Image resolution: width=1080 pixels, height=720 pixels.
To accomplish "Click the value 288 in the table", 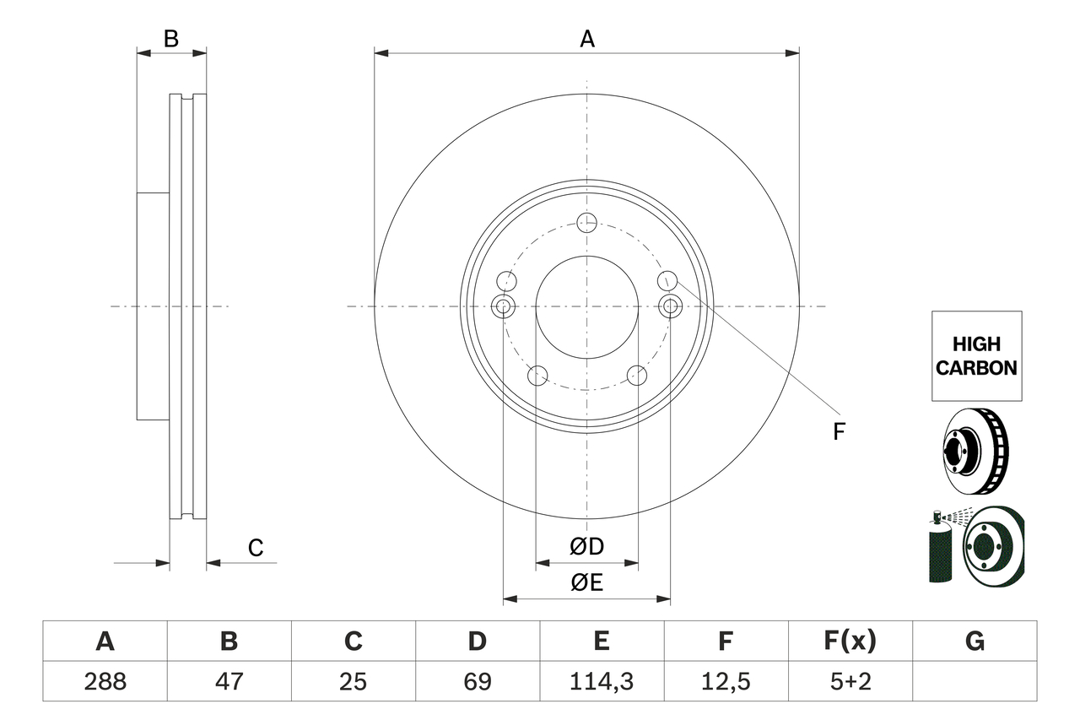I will pyautogui.click(x=105, y=681).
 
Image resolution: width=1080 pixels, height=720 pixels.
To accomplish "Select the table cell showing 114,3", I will pyautogui.click(x=601, y=681).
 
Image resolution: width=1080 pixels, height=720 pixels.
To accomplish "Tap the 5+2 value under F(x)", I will pyautogui.click(x=850, y=681).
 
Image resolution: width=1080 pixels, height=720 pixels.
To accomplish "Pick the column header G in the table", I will pyautogui.click(x=975, y=642).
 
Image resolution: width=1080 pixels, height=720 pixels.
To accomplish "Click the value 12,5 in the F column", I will pyautogui.click(x=726, y=681).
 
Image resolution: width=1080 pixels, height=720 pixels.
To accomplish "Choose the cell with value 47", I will pyautogui.click(x=229, y=681).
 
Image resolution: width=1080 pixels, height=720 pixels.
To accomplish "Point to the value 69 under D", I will pyautogui.click(x=477, y=681).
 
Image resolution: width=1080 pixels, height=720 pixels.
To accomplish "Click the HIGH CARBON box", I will pyautogui.click(x=976, y=356).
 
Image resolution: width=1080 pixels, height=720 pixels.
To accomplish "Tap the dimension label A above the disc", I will pyautogui.click(x=587, y=39).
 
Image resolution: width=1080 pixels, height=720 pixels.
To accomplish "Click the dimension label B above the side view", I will pyautogui.click(x=171, y=39).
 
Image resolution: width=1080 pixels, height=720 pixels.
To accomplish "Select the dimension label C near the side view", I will pyautogui.click(x=256, y=548).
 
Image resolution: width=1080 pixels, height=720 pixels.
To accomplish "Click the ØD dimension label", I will pyautogui.click(x=587, y=547).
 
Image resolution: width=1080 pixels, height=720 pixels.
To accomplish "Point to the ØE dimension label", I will pyautogui.click(x=587, y=583).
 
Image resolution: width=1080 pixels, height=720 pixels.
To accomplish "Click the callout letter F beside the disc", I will pyautogui.click(x=839, y=431).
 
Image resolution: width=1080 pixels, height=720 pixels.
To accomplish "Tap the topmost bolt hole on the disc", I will pyautogui.click(x=586, y=223).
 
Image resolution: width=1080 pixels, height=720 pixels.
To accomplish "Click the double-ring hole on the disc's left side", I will pyautogui.click(x=503, y=306).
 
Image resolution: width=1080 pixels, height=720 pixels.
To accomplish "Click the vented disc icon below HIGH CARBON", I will pyautogui.click(x=974, y=452).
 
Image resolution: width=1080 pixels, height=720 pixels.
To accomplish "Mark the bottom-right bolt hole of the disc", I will pyautogui.click(x=637, y=375).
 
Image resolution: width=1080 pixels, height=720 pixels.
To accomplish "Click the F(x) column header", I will pyautogui.click(x=850, y=642).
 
